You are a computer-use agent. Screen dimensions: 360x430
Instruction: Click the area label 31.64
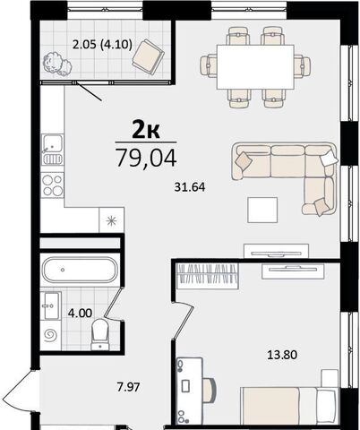tap(190, 187)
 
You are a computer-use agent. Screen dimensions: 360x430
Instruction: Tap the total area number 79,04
tap(146, 158)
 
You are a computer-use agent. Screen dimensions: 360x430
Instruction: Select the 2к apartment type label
tap(146, 131)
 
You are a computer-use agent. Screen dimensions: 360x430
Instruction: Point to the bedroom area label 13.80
tap(282, 355)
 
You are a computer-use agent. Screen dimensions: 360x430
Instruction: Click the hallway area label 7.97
tap(128, 387)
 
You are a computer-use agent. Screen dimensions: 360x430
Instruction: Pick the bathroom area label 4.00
tap(80, 314)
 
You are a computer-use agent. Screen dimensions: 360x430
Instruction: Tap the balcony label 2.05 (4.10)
tap(102, 45)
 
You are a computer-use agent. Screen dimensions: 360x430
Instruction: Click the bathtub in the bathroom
tap(80, 270)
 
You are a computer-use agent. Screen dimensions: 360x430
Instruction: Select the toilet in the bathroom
tap(100, 334)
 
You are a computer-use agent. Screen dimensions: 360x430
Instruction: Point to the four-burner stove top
tap(52, 185)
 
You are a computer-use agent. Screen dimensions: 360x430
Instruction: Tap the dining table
tap(255, 67)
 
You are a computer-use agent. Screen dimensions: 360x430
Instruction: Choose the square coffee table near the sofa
tap(262, 210)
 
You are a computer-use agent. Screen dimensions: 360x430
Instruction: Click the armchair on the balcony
tap(149, 57)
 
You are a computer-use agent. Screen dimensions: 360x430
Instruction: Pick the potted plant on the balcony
tap(57, 64)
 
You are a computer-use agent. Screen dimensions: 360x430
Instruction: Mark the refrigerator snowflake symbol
tap(111, 220)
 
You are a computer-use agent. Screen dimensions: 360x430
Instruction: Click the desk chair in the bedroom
tap(210, 391)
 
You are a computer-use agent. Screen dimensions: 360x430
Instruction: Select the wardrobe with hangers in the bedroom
tap(208, 276)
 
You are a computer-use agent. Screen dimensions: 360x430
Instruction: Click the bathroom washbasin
tap(50, 305)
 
